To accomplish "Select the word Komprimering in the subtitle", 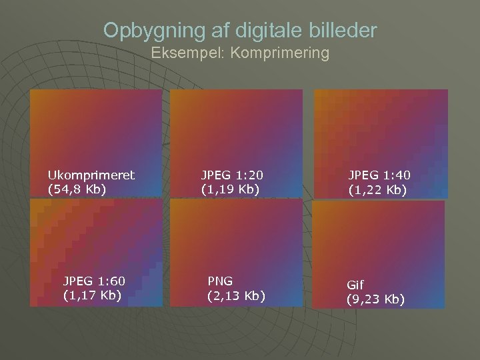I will click(x=280, y=53).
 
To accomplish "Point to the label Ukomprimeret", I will click(x=91, y=175).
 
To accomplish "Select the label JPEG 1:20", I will click(x=233, y=175).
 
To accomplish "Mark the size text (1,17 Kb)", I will click(x=93, y=295).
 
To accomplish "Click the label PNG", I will click(x=220, y=281).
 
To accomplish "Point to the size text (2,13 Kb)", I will click(x=236, y=295).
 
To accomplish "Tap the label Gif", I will click(x=355, y=285).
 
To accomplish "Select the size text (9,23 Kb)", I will click(x=375, y=299).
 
